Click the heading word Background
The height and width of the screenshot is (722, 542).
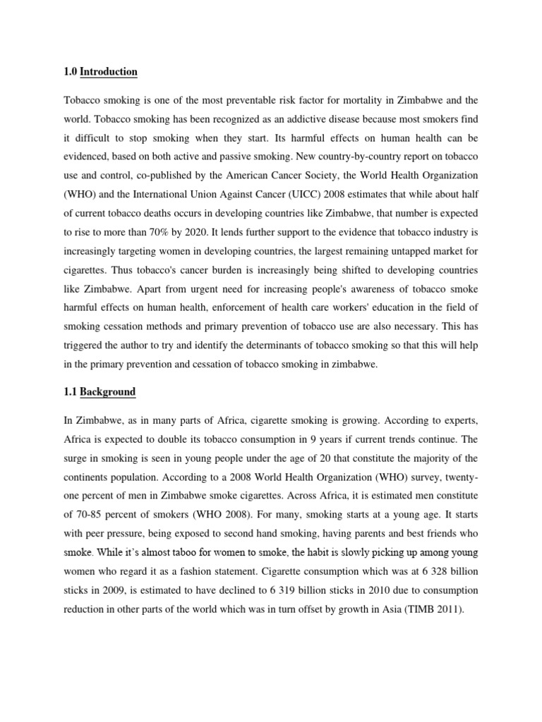tap(107, 391)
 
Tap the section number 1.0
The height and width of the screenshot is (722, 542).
tap(70, 72)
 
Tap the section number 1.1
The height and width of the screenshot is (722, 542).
tap(70, 391)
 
